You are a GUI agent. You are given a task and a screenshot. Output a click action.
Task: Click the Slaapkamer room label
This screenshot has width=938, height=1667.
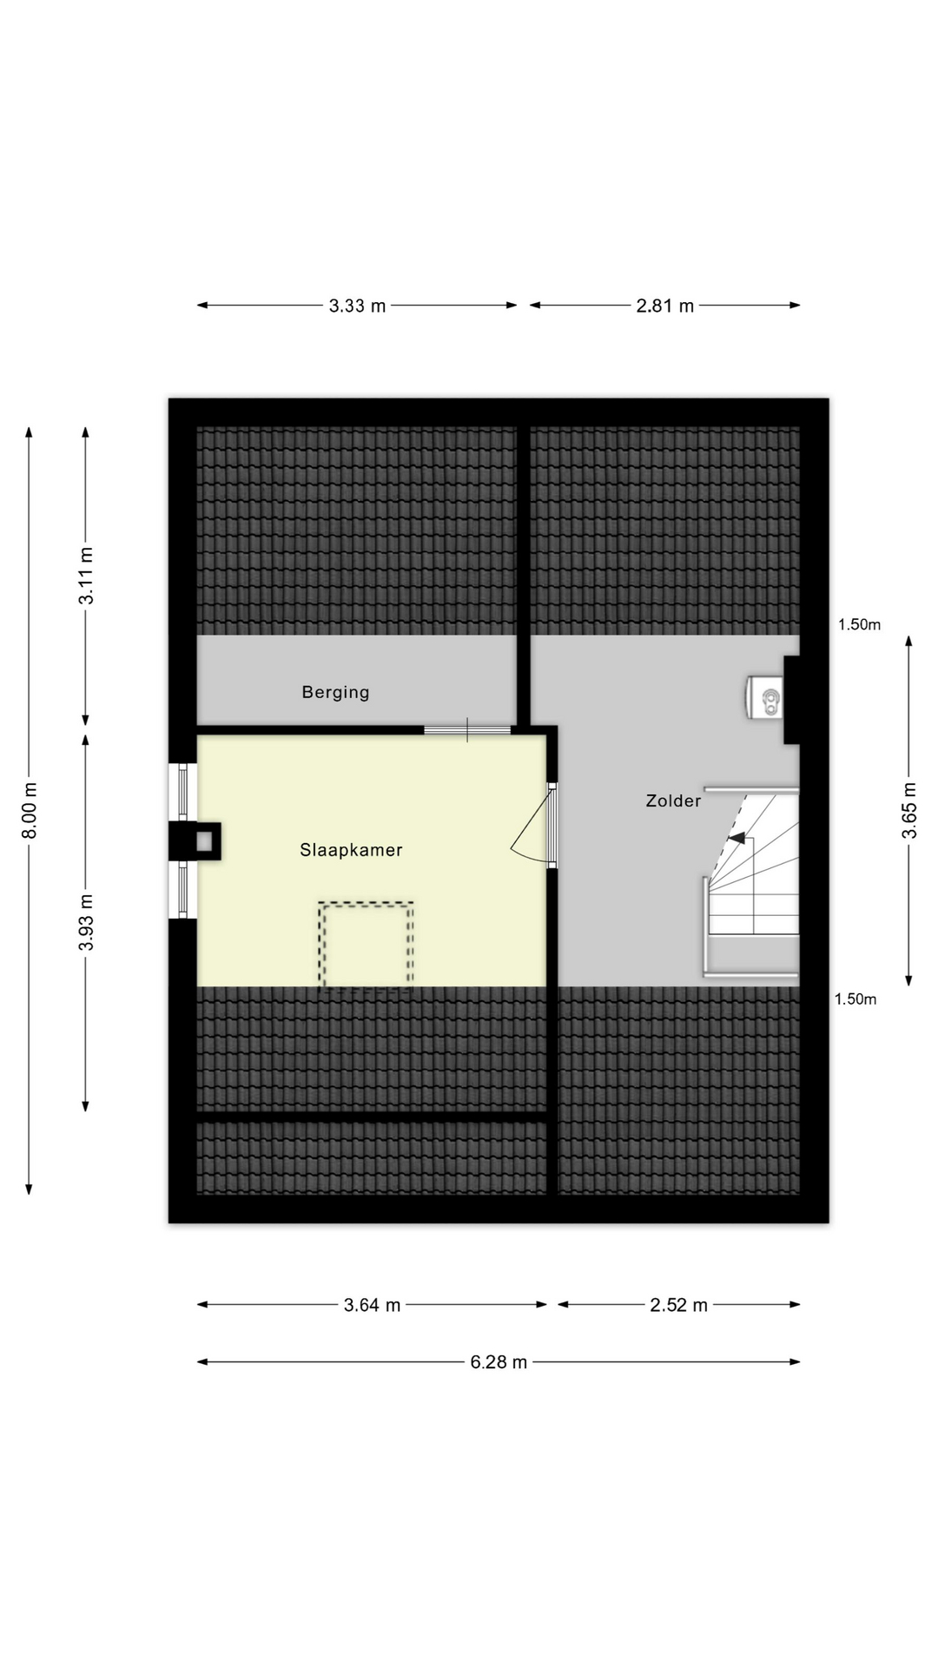351,850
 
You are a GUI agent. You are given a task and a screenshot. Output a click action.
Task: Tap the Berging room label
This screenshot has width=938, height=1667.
335,692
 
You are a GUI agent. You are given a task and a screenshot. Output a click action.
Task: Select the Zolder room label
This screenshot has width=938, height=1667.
673,801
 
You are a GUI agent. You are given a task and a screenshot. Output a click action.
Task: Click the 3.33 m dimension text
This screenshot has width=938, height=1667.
357,306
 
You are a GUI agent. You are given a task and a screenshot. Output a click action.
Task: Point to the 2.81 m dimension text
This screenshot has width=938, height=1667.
665,306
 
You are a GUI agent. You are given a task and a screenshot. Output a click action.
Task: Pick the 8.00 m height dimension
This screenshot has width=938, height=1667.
30,810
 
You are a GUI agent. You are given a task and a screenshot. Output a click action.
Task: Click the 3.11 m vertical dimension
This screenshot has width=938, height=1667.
86,576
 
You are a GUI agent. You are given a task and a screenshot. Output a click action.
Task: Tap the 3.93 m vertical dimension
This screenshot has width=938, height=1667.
86,921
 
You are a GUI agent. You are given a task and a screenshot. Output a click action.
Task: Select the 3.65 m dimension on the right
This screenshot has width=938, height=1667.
909,810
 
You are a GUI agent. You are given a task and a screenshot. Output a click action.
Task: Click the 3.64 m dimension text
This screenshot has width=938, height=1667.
372,1305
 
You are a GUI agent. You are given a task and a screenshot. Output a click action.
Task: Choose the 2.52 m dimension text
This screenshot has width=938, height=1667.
678,1305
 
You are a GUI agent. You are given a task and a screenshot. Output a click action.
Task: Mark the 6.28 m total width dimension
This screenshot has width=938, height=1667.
499,1362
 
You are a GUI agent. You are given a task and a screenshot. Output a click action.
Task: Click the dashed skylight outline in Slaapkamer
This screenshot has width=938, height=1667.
366,946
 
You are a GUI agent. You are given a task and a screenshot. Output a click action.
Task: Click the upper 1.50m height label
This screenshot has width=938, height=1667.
859,624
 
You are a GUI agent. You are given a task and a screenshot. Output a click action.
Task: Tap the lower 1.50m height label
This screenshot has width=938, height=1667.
855,999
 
